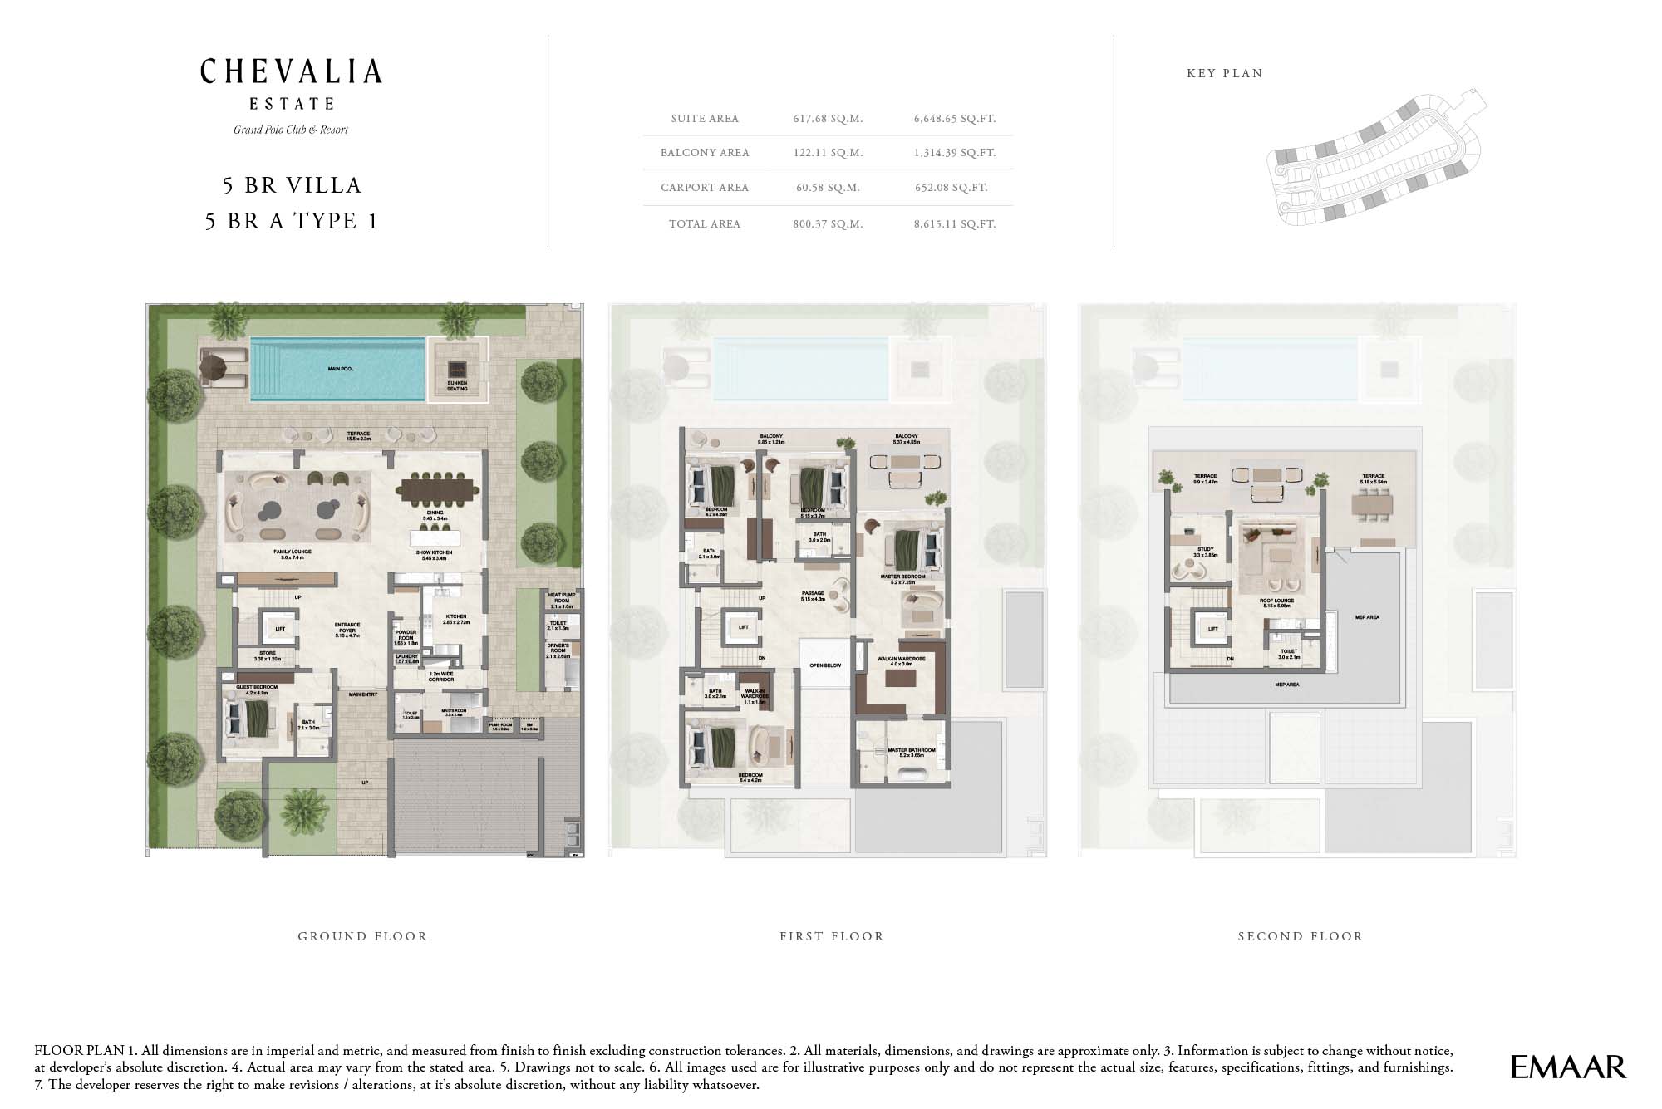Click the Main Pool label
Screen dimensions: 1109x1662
point(341,369)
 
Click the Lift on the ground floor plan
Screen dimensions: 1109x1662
point(280,629)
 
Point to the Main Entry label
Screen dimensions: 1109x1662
point(363,694)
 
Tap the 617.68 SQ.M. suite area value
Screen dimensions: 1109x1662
point(828,119)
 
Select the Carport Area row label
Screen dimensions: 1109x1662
point(704,188)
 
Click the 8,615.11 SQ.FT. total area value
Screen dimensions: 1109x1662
point(954,224)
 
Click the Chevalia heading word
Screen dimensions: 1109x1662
point(291,72)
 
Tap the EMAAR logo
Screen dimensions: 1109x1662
point(1567,1067)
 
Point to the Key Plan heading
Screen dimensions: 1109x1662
point(1224,73)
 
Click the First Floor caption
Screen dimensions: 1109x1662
point(831,936)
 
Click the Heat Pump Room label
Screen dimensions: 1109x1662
point(562,599)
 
